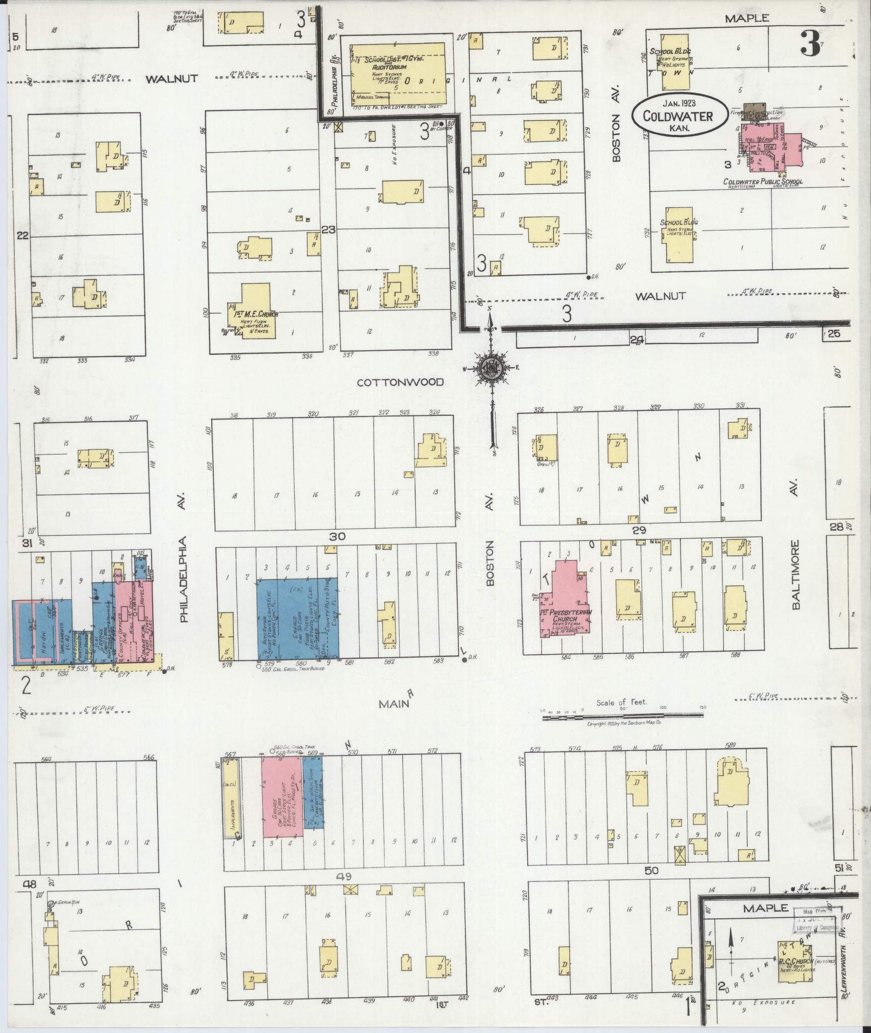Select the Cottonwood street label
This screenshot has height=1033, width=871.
click(400, 382)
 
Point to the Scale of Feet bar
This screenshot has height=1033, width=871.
click(623, 715)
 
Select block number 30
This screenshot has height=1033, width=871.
click(338, 537)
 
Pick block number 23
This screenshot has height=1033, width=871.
click(328, 229)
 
